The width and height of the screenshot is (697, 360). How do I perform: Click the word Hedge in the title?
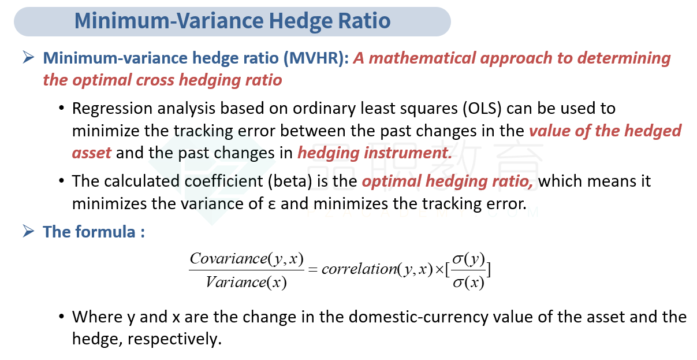click(x=301, y=21)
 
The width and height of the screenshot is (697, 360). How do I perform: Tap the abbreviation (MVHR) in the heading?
click(x=316, y=58)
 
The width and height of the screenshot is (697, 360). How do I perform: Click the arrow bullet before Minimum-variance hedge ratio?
click(x=28, y=57)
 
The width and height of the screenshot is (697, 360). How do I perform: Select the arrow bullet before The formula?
click(x=28, y=231)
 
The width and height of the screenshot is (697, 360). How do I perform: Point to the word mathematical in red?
click(x=422, y=58)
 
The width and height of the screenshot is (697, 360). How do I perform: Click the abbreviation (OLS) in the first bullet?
click(x=482, y=109)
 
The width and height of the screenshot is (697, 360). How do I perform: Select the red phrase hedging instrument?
click(x=375, y=153)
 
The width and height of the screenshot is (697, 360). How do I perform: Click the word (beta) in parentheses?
click(x=290, y=181)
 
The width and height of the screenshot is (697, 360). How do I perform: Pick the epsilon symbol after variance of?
click(x=271, y=205)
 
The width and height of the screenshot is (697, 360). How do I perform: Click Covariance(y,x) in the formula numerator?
click(x=247, y=259)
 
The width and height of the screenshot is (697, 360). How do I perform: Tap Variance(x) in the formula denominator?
click(x=246, y=283)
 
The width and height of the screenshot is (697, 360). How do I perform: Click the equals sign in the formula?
click(x=312, y=270)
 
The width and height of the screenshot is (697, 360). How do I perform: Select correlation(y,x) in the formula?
click(x=377, y=269)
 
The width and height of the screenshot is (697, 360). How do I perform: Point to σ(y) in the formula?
click(x=468, y=259)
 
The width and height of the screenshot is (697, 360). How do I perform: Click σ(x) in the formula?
click(x=468, y=283)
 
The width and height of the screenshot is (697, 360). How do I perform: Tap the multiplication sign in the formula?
click(x=439, y=270)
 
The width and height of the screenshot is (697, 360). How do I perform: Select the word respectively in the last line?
click(x=174, y=339)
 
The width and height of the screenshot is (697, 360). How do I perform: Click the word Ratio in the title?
click(x=364, y=21)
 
